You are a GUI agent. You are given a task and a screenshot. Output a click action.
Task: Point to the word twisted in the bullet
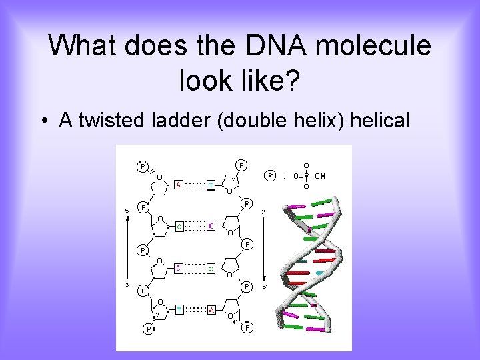pyautogui.click(x=114, y=120)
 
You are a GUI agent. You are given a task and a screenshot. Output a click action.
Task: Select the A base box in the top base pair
pyautogui.click(x=179, y=185)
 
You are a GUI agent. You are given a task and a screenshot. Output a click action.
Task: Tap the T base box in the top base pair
pyautogui.click(x=210, y=185)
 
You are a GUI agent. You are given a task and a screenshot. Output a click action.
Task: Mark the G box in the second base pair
pyautogui.click(x=179, y=226)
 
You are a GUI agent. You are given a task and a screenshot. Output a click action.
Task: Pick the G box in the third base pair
pyautogui.click(x=210, y=268)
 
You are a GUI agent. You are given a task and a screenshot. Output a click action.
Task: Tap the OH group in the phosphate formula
pyautogui.click(x=320, y=176)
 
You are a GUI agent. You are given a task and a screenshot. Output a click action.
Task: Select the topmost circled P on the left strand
pyautogui.click(x=143, y=166)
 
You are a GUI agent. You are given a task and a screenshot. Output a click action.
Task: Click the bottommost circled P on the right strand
pyautogui.click(x=248, y=327)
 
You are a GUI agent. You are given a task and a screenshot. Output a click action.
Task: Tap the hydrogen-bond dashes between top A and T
pyautogui.click(x=194, y=185)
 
